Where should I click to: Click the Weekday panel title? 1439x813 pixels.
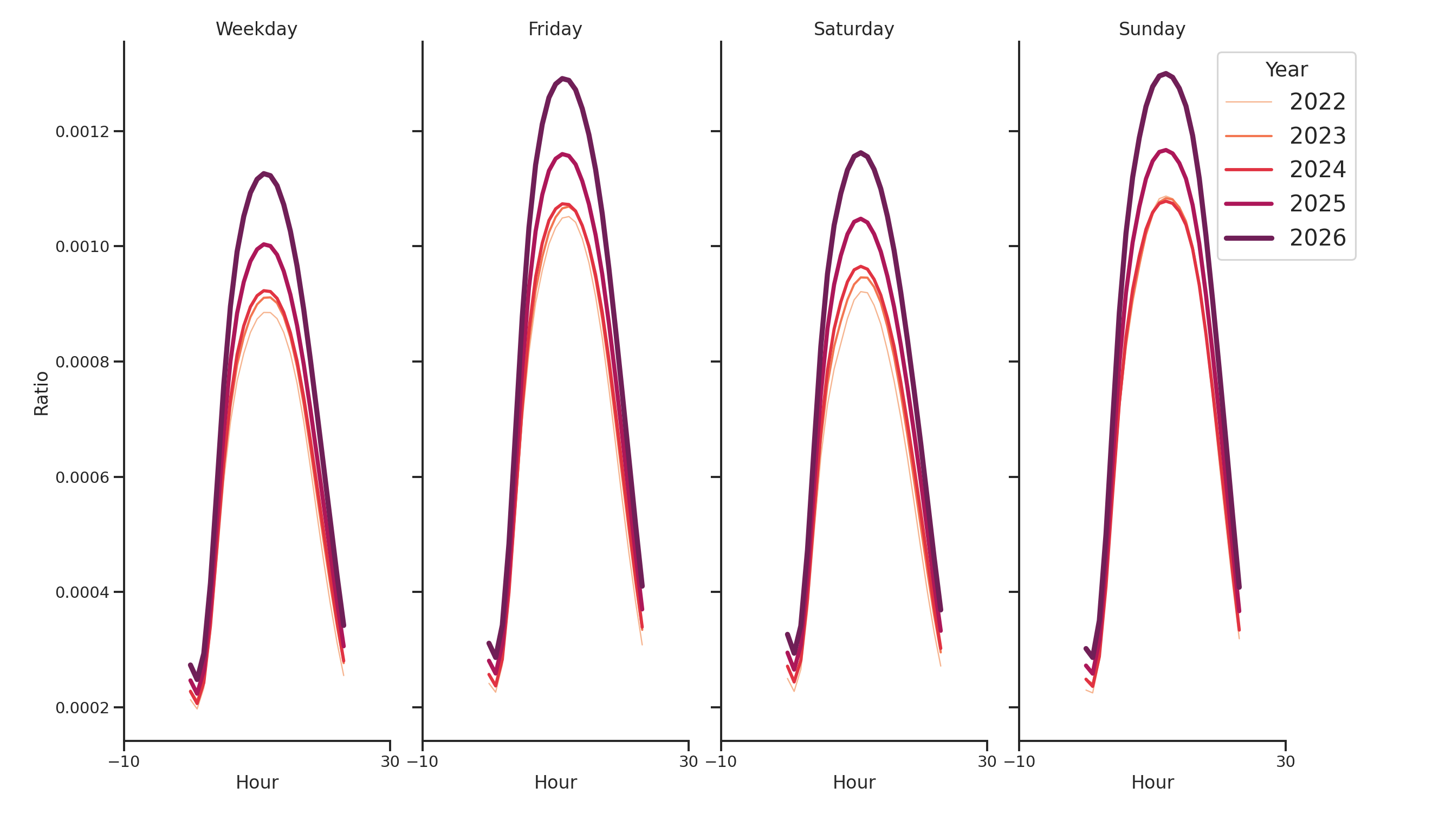256,29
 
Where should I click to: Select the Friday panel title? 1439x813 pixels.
555,29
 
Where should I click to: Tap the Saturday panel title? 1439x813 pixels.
853,29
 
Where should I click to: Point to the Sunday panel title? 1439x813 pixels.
1151,29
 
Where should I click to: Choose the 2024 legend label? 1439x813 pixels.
1317,170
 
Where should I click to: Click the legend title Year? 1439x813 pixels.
1286,70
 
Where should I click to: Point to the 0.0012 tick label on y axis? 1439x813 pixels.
82,132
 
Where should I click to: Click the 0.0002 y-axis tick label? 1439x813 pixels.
82,708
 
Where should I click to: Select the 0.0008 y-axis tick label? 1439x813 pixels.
82,362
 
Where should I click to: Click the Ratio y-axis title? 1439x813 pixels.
41,393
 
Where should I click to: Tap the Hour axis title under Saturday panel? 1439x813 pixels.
853,782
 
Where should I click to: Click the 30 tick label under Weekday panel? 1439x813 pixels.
390,762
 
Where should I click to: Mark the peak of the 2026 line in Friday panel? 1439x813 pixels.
562,79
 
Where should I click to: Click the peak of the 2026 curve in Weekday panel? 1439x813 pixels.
264,174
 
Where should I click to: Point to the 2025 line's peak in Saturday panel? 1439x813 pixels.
860,219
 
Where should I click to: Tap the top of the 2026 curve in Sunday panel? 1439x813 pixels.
1165,74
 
